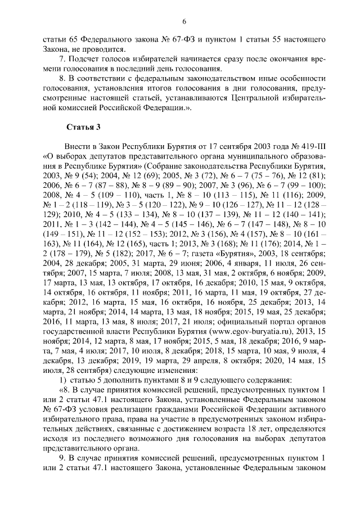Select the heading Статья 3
(84, 127)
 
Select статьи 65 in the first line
(58, 40)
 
